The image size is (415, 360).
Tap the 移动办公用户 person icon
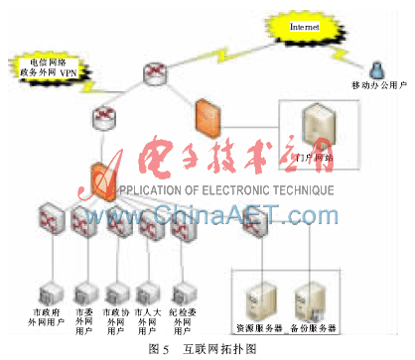377,68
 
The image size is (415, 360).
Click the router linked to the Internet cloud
156,73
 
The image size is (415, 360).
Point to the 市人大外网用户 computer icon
148,295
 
